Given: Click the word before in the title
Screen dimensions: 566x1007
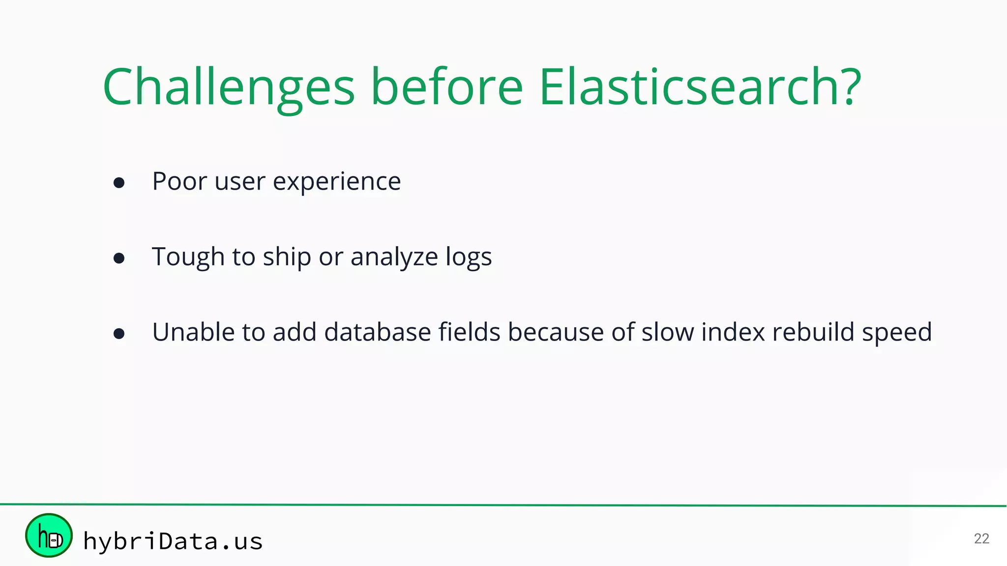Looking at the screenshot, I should click(x=446, y=87).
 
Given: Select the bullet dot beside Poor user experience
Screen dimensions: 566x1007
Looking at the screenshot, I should click(x=119, y=183).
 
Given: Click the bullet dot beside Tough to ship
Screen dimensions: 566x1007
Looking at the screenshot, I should click(x=119, y=258).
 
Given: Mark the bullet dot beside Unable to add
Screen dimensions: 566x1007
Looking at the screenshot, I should click(x=119, y=334).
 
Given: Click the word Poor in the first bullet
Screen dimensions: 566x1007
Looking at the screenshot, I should click(x=179, y=181).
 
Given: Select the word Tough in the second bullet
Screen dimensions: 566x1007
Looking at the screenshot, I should click(x=188, y=257).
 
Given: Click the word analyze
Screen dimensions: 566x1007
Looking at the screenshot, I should click(x=394, y=257).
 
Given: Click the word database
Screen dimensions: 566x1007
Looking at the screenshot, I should click(x=378, y=332).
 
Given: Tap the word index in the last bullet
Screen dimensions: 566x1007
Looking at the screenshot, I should click(x=733, y=332).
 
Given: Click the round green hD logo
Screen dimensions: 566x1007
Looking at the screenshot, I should click(x=49, y=536).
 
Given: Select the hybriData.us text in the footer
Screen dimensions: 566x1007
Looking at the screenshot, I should click(x=173, y=541).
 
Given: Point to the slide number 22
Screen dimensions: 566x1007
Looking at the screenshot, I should click(x=981, y=538).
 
